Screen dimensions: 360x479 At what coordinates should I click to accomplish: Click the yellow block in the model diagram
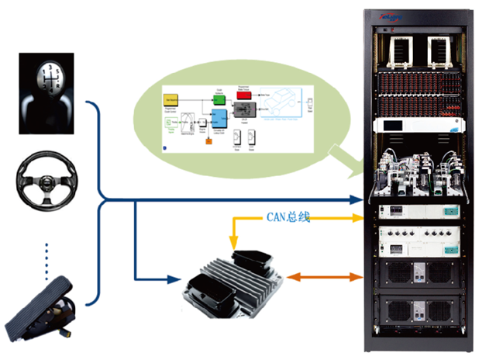(x=171, y=100)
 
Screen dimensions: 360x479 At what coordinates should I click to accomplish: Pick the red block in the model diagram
(x=241, y=94)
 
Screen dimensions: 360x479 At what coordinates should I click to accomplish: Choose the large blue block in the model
(x=219, y=117)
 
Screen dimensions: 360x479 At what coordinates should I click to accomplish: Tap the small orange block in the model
(x=207, y=141)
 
